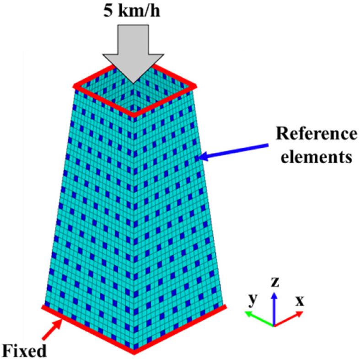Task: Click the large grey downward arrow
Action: [133, 50]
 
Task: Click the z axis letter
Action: [274, 282]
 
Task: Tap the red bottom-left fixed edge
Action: [87, 329]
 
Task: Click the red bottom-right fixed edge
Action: [180, 329]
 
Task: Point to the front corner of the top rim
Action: [134, 114]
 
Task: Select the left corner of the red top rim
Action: [75, 86]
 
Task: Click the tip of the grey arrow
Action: [133, 82]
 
